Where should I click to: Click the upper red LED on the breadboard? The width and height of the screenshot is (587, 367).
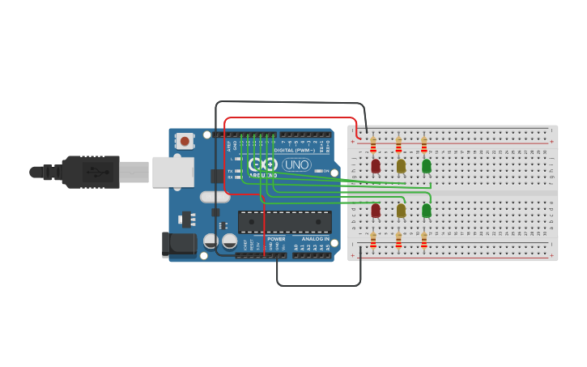375,165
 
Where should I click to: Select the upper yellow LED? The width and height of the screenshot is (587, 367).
401,165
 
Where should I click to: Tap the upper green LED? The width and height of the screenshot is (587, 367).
427,165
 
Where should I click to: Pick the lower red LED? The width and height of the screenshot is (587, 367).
375,211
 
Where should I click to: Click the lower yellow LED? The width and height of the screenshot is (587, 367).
401,211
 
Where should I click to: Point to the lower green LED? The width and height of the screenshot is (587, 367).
427,211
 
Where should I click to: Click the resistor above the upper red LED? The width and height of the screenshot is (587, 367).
373,145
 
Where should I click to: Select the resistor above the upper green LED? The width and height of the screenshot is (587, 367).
423,145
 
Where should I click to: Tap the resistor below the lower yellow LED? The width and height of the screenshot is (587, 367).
398,241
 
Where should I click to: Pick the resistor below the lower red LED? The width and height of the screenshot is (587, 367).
373,241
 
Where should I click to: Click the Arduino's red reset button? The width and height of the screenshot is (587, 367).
185,141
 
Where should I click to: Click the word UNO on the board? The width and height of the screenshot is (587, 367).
296,164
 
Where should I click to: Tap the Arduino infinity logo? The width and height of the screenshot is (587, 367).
263,164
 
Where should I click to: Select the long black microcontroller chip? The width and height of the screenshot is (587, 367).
284,222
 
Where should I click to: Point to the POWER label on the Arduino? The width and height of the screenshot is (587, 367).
276,239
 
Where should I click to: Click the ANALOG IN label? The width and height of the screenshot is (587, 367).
316,239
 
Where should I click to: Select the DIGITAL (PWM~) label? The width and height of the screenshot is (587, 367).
295,150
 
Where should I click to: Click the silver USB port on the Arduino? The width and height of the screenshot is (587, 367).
173,172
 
